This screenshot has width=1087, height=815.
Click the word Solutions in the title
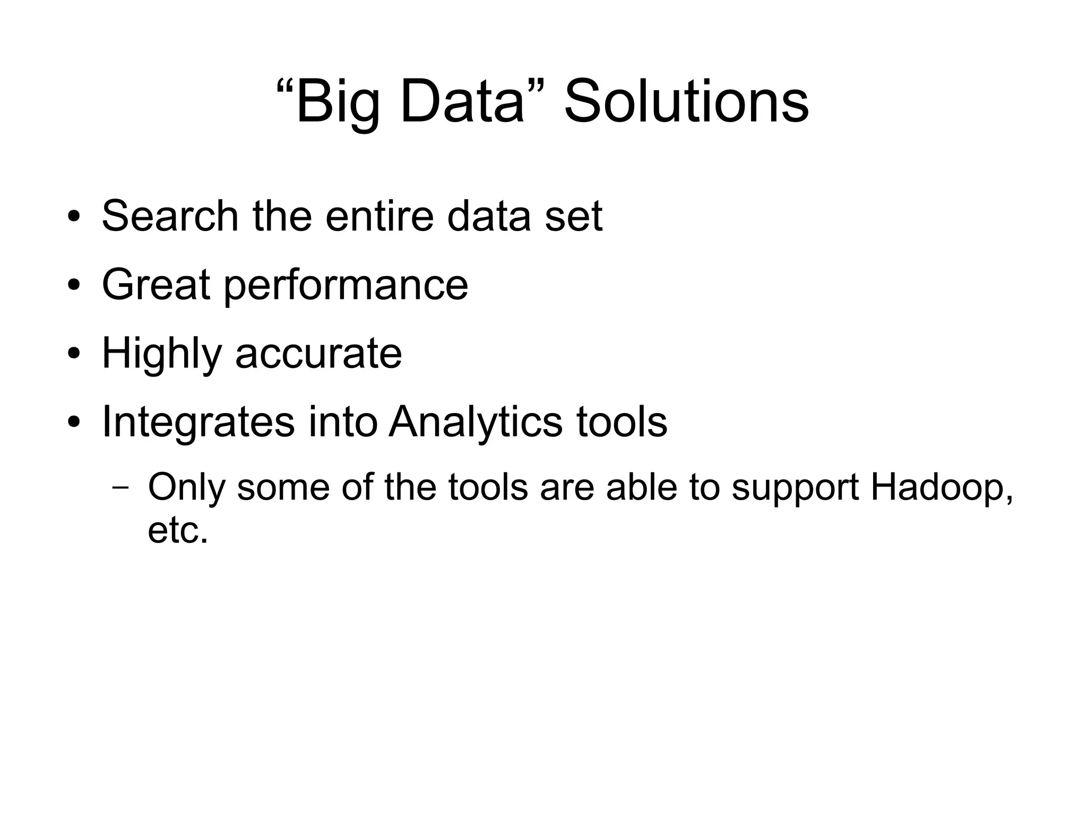pos(686,101)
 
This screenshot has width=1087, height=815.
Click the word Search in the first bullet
pos(170,216)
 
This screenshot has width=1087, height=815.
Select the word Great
pos(156,285)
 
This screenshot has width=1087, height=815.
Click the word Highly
pos(161,355)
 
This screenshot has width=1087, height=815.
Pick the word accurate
pos(318,355)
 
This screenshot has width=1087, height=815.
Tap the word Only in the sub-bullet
pos(186,487)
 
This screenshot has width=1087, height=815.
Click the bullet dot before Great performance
pos(74,285)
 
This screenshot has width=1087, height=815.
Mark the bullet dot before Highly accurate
pos(74,354)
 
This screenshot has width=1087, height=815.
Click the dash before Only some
pos(120,488)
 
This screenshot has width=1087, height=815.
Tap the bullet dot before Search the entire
pos(74,217)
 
